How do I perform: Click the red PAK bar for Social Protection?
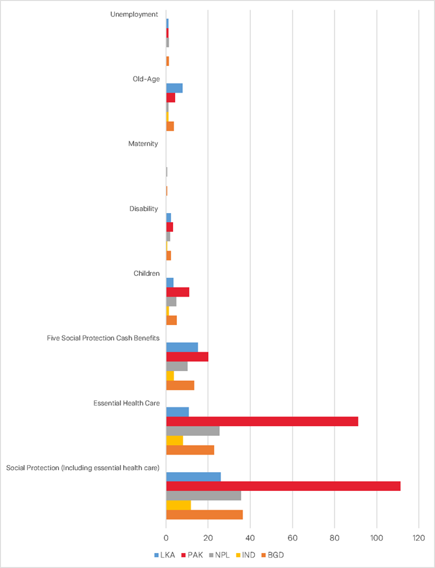283,486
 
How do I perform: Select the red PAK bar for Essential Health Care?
262,422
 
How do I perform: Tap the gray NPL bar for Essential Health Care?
193,431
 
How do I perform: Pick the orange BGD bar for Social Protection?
204,514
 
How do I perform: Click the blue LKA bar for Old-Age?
174,88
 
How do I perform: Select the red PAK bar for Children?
178,292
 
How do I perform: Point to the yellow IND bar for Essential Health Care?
174,440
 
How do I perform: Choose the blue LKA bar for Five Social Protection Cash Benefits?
182,347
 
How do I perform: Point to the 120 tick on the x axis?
419,538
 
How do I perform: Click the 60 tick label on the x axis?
292,538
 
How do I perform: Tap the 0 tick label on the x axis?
167,538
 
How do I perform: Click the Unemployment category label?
134,14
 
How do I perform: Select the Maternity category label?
143,144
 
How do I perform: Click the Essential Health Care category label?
126,403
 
